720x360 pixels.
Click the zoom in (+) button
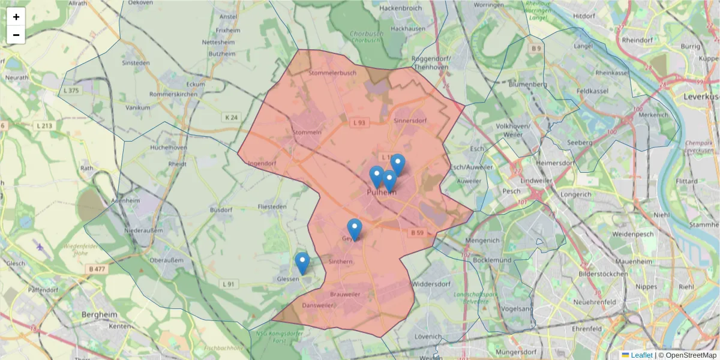(16, 17)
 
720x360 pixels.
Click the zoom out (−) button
(16, 35)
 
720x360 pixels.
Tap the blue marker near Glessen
(302, 263)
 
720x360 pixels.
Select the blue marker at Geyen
(355, 229)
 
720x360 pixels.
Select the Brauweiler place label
(345, 295)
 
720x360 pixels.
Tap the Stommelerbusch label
(332, 73)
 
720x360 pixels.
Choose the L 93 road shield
(359, 122)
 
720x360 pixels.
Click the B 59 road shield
(418, 232)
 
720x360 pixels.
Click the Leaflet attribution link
(641, 355)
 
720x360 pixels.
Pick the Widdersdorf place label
(431, 283)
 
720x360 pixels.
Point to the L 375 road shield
(70, 91)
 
